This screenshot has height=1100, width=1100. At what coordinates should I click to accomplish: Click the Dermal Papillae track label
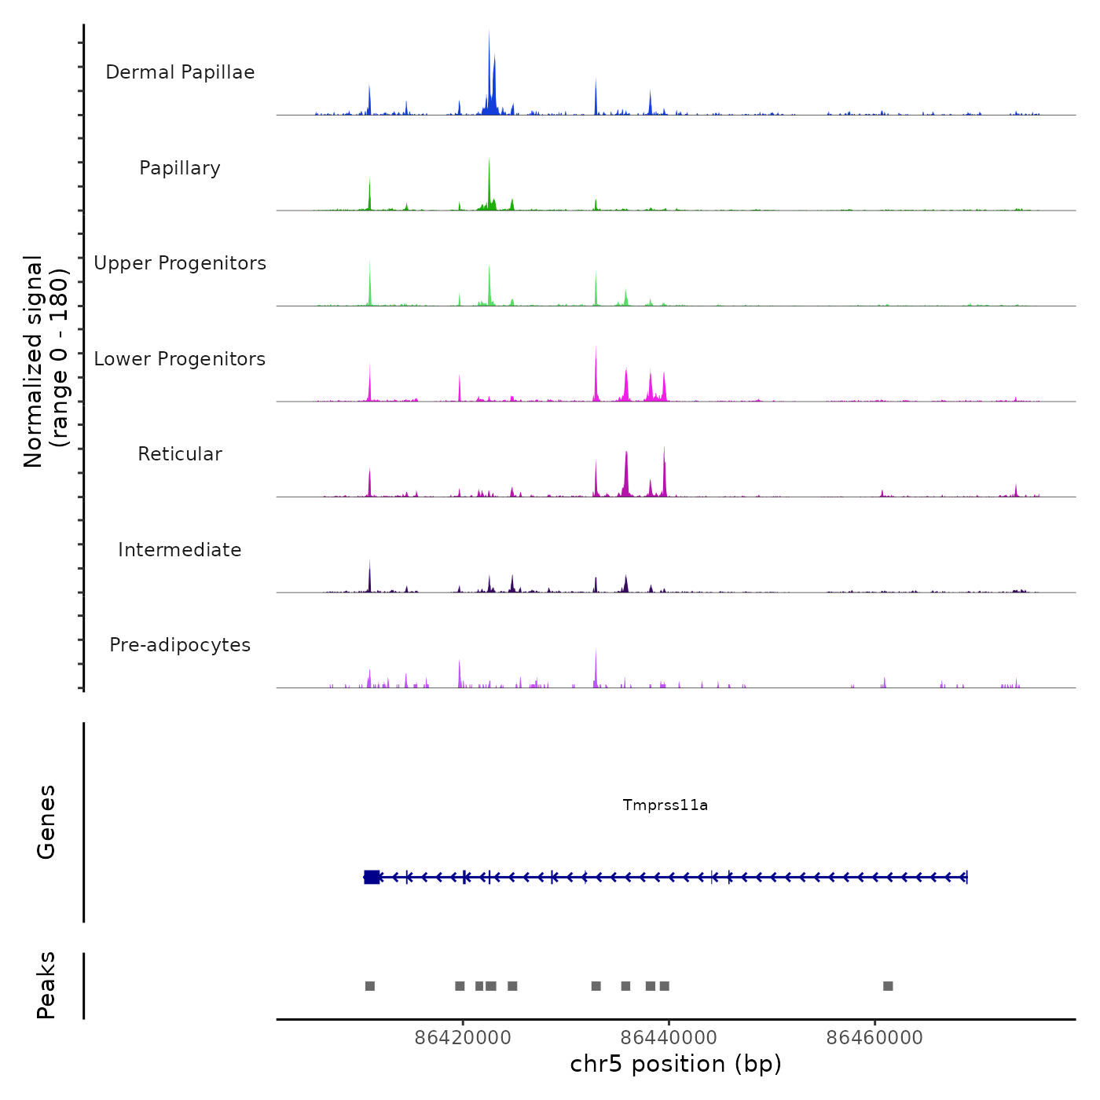[x=180, y=72]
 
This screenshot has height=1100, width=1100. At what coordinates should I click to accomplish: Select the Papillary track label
[x=180, y=168]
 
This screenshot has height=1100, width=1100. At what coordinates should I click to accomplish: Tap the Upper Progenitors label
[x=180, y=263]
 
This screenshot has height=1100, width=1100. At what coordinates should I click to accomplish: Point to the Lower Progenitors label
[x=180, y=359]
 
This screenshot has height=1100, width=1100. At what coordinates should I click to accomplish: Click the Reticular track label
[x=180, y=454]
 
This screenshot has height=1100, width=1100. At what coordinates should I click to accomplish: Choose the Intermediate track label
[x=180, y=550]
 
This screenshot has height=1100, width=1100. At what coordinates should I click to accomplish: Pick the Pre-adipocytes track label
[x=180, y=645]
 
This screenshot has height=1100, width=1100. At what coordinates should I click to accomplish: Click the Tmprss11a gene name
[x=665, y=805]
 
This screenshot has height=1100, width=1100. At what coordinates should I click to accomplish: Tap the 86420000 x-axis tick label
[x=463, y=1037]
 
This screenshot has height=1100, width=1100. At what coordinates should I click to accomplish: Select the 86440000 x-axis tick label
[x=669, y=1037]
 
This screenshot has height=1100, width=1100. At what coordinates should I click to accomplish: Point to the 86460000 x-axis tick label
[x=874, y=1037]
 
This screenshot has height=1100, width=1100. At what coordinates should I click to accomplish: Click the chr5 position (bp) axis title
[x=676, y=1064]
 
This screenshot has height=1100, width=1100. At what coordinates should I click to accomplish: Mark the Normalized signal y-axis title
[x=46, y=361]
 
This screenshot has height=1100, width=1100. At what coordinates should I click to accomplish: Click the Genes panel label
[x=46, y=822]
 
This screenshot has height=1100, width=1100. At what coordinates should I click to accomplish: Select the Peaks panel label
[x=46, y=985]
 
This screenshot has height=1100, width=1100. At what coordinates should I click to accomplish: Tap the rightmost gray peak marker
[x=888, y=986]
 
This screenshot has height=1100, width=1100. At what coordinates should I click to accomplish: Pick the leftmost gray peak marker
[x=370, y=986]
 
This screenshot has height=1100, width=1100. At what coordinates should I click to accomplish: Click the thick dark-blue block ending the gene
[x=372, y=877]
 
